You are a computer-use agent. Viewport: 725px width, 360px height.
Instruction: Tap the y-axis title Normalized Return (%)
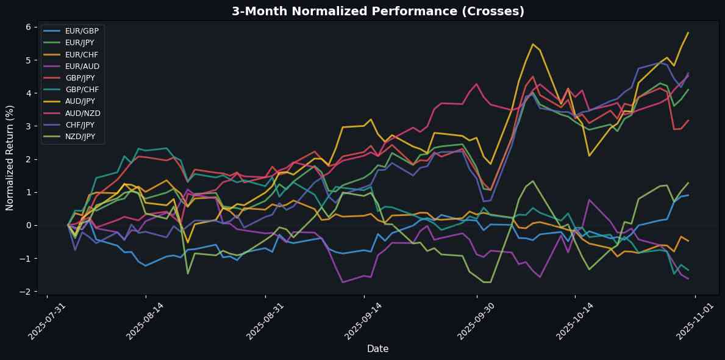click(10, 160)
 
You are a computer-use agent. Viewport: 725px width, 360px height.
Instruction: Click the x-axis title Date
click(377, 348)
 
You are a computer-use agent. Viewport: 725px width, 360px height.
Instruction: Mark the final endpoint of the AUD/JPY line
click(688, 32)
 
